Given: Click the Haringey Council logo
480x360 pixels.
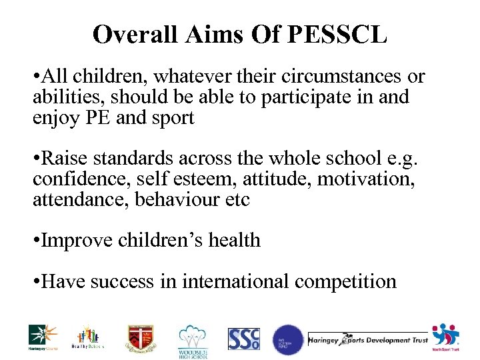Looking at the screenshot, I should pyautogui.click(x=43, y=337).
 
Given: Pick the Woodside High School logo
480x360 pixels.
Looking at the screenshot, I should pyautogui.click(x=193, y=341).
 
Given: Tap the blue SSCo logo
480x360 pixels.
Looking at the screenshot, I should pyautogui.click(x=243, y=339).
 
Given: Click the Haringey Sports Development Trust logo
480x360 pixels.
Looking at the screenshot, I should pyautogui.click(x=367, y=339).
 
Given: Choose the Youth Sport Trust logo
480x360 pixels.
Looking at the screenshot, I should pyautogui.click(x=446, y=337).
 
